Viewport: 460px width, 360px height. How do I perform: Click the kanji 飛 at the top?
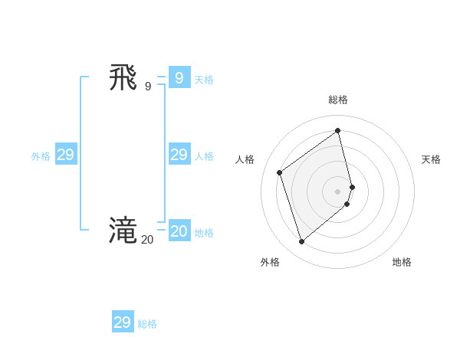point(123,78)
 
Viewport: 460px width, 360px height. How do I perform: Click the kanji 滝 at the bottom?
point(123,231)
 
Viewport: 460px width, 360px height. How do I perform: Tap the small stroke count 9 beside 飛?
point(148,87)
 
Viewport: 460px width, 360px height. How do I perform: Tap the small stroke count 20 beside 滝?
point(147,240)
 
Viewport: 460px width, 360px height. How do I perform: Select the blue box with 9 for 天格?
point(179,77)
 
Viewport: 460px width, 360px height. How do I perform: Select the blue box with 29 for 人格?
point(179,155)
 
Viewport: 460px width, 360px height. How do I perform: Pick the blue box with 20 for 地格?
point(179,231)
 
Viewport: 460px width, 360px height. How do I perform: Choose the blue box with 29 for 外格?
point(66,155)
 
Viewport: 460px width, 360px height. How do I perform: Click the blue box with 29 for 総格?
point(123,322)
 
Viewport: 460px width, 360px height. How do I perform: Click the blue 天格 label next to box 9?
point(204,79)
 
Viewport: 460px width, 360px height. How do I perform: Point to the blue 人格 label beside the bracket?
point(204,156)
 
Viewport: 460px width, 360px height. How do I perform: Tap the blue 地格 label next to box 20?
point(204,233)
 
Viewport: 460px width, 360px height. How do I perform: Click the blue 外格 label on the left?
point(41,156)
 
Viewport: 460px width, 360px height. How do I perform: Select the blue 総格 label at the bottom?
point(147,324)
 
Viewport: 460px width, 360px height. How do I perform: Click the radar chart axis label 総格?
point(338,100)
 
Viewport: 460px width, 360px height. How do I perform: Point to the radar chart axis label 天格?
point(431,159)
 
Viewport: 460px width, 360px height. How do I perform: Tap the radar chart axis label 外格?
point(270,262)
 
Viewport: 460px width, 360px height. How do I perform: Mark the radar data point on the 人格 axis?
point(280,172)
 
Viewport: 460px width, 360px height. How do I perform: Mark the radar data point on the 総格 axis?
point(338,130)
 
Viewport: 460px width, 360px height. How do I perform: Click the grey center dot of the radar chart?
point(338,191)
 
